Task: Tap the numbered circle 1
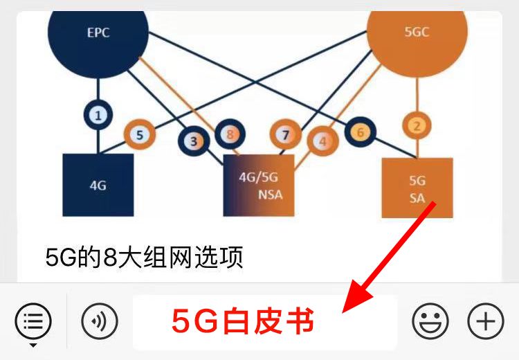(98, 116)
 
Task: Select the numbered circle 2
(417, 125)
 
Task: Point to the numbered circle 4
(322, 141)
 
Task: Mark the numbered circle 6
(360, 132)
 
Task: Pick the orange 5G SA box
(417, 188)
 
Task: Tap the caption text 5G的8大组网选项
(144, 258)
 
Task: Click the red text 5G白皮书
(243, 322)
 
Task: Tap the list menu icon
(33, 321)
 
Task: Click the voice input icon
(100, 321)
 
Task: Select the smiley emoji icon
(430, 321)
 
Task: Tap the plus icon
(486, 321)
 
